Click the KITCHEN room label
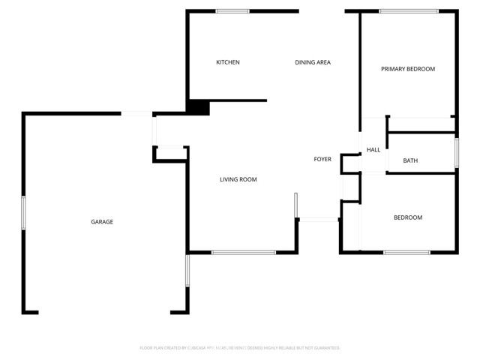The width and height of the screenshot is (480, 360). pyautogui.click(x=228, y=62)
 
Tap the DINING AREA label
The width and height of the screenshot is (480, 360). pyautogui.click(x=313, y=62)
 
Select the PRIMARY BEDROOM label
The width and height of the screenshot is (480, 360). pyautogui.click(x=408, y=69)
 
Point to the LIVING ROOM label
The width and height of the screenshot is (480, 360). pyautogui.click(x=238, y=179)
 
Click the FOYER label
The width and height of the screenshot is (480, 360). pyautogui.click(x=322, y=159)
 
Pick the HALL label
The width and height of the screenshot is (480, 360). pyautogui.click(x=373, y=150)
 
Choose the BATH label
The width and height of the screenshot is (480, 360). pyautogui.click(x=410, y=160)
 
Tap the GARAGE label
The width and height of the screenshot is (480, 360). pyautogui.click(x=102, y=221)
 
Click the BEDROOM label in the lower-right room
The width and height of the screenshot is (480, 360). pyautogui.click(x=408, y=217)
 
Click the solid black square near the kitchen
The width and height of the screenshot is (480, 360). pyautogui.click(x=198, y=107)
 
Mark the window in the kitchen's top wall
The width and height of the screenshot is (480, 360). pyautogui.click(x=232, y=11)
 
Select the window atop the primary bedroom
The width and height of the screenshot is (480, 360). pyautogui.click(x=408, y=11)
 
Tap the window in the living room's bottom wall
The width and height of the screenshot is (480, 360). pyautogui.click(x=238, y=252)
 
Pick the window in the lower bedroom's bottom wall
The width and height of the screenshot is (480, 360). pyautogui.click(x=406, y=252)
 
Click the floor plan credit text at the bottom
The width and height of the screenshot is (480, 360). pyautogui.click(x=240, y=348)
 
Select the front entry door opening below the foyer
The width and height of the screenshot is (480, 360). pyautogui.click(x=319, y=219)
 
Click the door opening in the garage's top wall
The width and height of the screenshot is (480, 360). pyautogui.click(x=137, y=113)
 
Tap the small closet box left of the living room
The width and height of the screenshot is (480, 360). pyautogui.click(x=169, y=154)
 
